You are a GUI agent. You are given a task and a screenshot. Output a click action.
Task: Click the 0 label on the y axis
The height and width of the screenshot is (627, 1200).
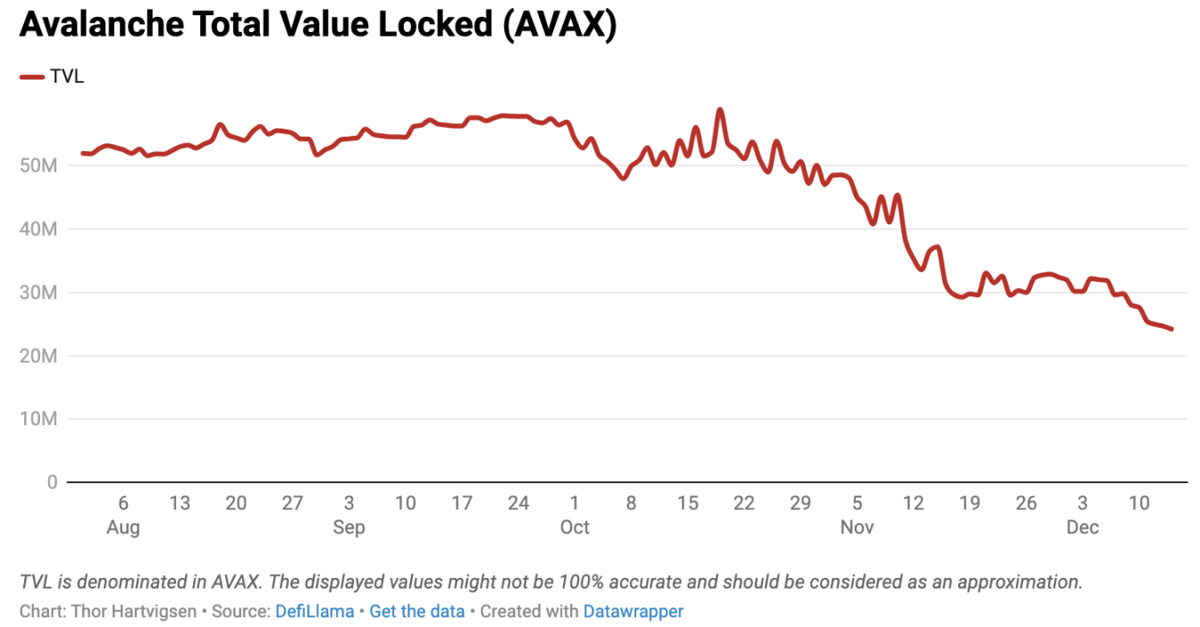click(x=52, y=482)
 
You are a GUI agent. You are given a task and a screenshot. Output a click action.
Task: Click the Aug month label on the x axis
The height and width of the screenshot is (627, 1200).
click(x=123, y=528)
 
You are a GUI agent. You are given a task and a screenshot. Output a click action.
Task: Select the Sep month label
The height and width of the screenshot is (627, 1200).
click(x=348, y=528)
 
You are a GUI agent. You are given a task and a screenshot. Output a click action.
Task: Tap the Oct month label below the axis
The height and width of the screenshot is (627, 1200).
click(x=575, y=528)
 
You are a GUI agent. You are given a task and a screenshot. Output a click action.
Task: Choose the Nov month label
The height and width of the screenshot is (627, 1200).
click(x=857, y=528)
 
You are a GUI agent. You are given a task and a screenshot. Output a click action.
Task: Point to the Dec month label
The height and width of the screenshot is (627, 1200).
click(x=1082, y=528)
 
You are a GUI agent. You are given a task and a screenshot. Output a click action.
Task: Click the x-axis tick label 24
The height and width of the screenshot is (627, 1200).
click(x=518, y=504)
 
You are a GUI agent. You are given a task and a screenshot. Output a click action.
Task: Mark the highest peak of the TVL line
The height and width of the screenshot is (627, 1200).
click(x=719, y=110)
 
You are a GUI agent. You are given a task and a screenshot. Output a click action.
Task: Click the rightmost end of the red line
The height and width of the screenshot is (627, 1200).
click(x=1171, y=329)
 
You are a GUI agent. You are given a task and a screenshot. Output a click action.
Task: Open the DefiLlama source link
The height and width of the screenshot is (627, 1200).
click(x=314, y=612)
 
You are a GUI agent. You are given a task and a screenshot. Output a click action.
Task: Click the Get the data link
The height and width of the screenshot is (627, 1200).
click(x=416, y=612)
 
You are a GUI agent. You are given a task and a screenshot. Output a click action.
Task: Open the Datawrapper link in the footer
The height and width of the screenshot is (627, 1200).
click(x=633, y=612)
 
